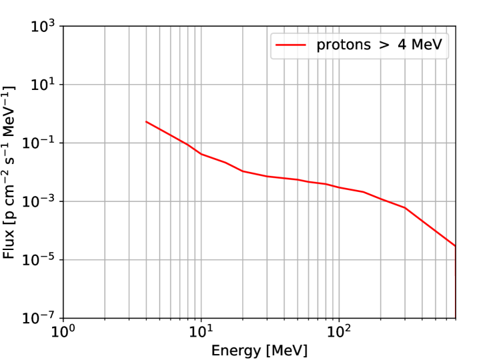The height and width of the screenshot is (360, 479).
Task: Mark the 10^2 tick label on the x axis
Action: coord(339,332)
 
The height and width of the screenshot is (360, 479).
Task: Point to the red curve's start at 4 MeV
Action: coord(146,121)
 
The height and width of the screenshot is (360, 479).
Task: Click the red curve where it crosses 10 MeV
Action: coord(201,154)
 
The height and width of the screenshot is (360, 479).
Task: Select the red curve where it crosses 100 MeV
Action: coord(339,187)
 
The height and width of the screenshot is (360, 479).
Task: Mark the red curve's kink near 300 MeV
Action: coord(405,208)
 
